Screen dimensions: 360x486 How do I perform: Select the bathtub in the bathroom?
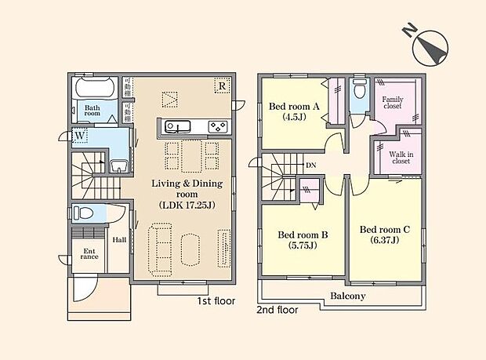click(x=96, y=88)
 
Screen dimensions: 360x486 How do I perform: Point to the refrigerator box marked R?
click(x=223, y=86)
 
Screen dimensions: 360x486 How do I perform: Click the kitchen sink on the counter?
click(x=175, y=126)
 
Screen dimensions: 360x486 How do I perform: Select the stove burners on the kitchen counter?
click(x=217, y=126)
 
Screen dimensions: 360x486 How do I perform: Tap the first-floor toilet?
click(x=84, y=213)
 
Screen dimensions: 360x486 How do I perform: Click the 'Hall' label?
click(x=119, y=240)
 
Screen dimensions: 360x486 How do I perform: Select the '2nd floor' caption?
click(x=277, y=310)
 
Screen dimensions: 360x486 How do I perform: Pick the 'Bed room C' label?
click(x=385, y=230)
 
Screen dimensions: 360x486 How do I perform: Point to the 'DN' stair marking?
click(x=311, y=165)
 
